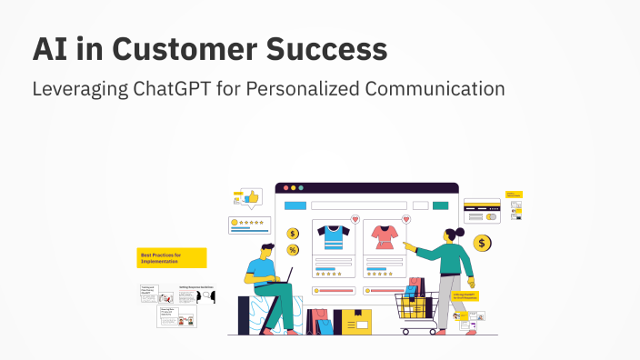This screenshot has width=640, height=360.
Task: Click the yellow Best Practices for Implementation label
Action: pyautogui.click(x=172, y=257)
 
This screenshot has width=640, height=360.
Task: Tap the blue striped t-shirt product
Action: pyautogui.click(x=333, y=237)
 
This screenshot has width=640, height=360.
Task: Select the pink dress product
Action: pyautogui.click(x=383, y=238)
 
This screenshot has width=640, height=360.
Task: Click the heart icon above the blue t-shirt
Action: pyautogui.click(x=355, y=220)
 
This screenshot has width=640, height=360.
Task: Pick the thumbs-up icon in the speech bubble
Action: pyautogui.click(x=252, y=195)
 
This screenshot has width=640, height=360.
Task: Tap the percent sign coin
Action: pyautogui.click(x=293, y=250)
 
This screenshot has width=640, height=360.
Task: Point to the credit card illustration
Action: pyautogui.click(x=481, y=211)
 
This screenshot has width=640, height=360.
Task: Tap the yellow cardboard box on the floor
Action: pyautogui.click(x=352, y=321)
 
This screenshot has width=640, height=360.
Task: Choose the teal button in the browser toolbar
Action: pyautogui.click(x=441, y=205)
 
